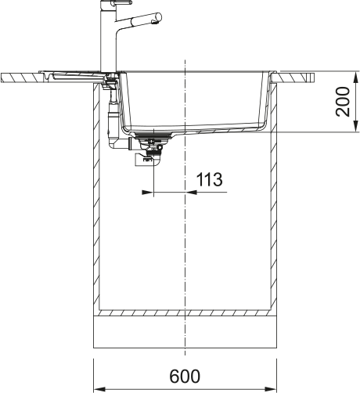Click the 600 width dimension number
[x=185, y=376]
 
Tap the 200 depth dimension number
[x=343, y=102]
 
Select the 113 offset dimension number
[x=209, y=179]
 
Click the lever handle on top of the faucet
[x=121, y=2]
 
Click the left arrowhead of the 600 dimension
[x=99, y=389]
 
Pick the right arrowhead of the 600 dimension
[x=271, y=389]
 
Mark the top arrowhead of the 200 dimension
[x=356, y=78]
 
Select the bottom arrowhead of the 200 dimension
[x=356, y=126]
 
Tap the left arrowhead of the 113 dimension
[x=147, y=193]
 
